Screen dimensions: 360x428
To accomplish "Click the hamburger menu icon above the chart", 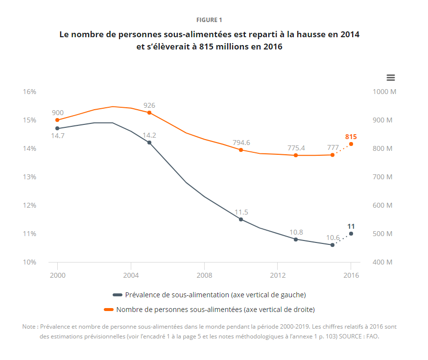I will [390, 77].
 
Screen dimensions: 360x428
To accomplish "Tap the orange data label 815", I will [351, 137].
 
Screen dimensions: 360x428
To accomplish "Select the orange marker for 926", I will [149, 113].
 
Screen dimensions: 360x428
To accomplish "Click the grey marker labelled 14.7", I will [57, 128].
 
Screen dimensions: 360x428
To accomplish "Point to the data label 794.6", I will [241, 143].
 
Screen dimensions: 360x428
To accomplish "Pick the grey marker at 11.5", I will [241, 219].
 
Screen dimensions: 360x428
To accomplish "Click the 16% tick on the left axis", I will [29, 92].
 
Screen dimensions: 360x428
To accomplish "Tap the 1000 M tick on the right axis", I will [384, 92].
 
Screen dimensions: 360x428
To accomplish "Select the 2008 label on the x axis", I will [204, 275].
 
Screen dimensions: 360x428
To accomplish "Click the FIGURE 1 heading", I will [209, 20].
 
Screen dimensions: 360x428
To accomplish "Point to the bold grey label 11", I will [351, 226].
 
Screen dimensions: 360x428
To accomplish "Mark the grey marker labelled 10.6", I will [333, 245].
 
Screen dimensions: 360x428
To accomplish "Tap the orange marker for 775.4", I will [296, 155].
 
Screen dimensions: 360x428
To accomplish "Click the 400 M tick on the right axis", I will [382, 262].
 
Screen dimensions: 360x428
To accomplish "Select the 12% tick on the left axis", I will [29, 205].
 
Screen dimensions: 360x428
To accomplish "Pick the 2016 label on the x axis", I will [351, 275].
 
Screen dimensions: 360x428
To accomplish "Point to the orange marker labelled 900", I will [57, 120].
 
